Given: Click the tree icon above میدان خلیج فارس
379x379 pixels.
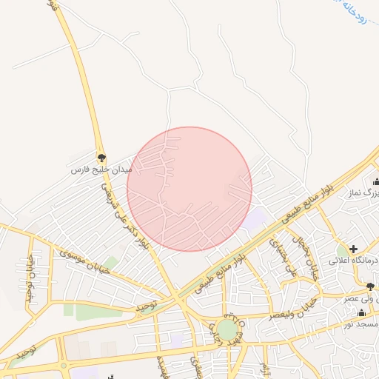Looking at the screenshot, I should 101,158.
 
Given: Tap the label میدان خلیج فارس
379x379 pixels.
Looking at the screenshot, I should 90,170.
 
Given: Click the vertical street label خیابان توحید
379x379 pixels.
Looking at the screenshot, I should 30,286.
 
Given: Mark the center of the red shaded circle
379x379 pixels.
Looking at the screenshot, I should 189,189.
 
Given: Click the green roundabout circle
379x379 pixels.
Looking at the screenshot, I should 227,329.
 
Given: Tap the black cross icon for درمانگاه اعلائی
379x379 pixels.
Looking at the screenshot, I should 354,249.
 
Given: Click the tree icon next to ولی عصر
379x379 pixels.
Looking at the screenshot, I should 369,286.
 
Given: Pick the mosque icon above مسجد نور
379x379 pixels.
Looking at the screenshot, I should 361,313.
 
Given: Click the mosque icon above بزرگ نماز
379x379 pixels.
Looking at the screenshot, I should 376,181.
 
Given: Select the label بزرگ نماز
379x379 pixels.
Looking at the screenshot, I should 366,193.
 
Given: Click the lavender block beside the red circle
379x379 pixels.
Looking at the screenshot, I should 255,218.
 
